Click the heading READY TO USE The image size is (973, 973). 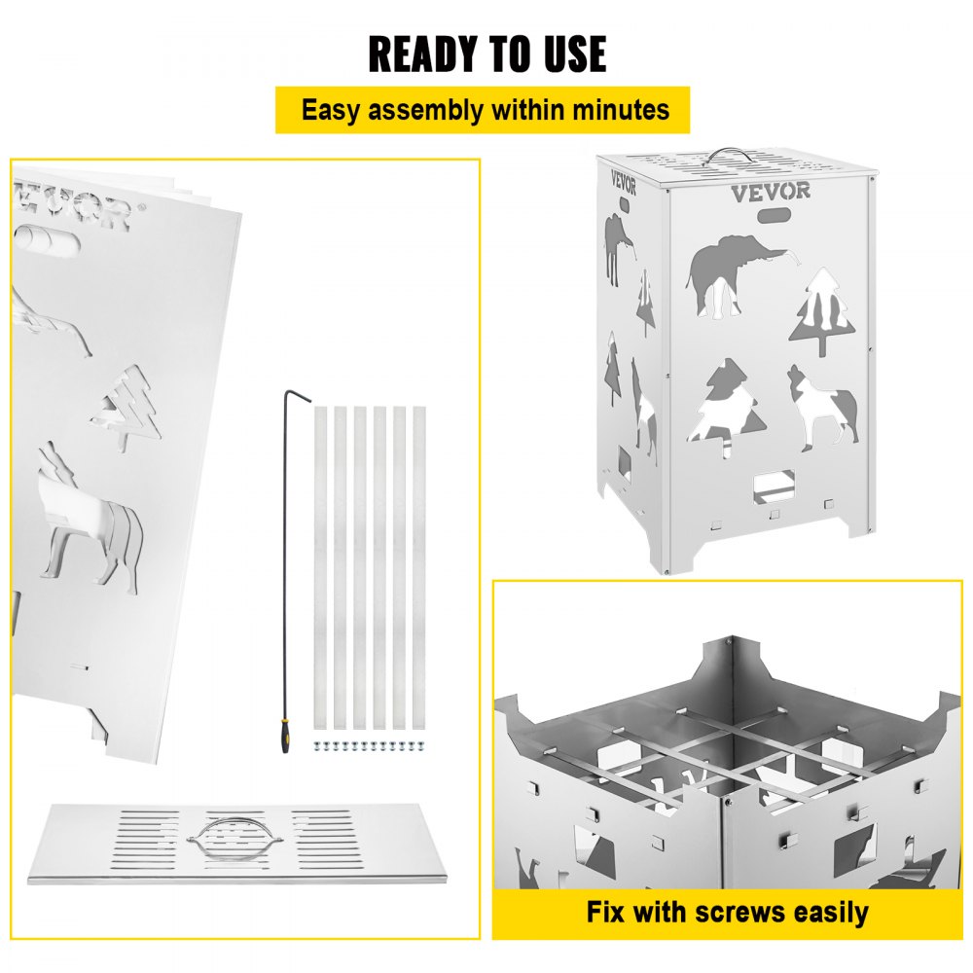486,54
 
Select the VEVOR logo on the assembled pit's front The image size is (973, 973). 770,191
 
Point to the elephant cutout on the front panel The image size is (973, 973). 732,276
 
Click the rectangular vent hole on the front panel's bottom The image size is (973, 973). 775,482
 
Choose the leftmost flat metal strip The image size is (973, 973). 320,567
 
